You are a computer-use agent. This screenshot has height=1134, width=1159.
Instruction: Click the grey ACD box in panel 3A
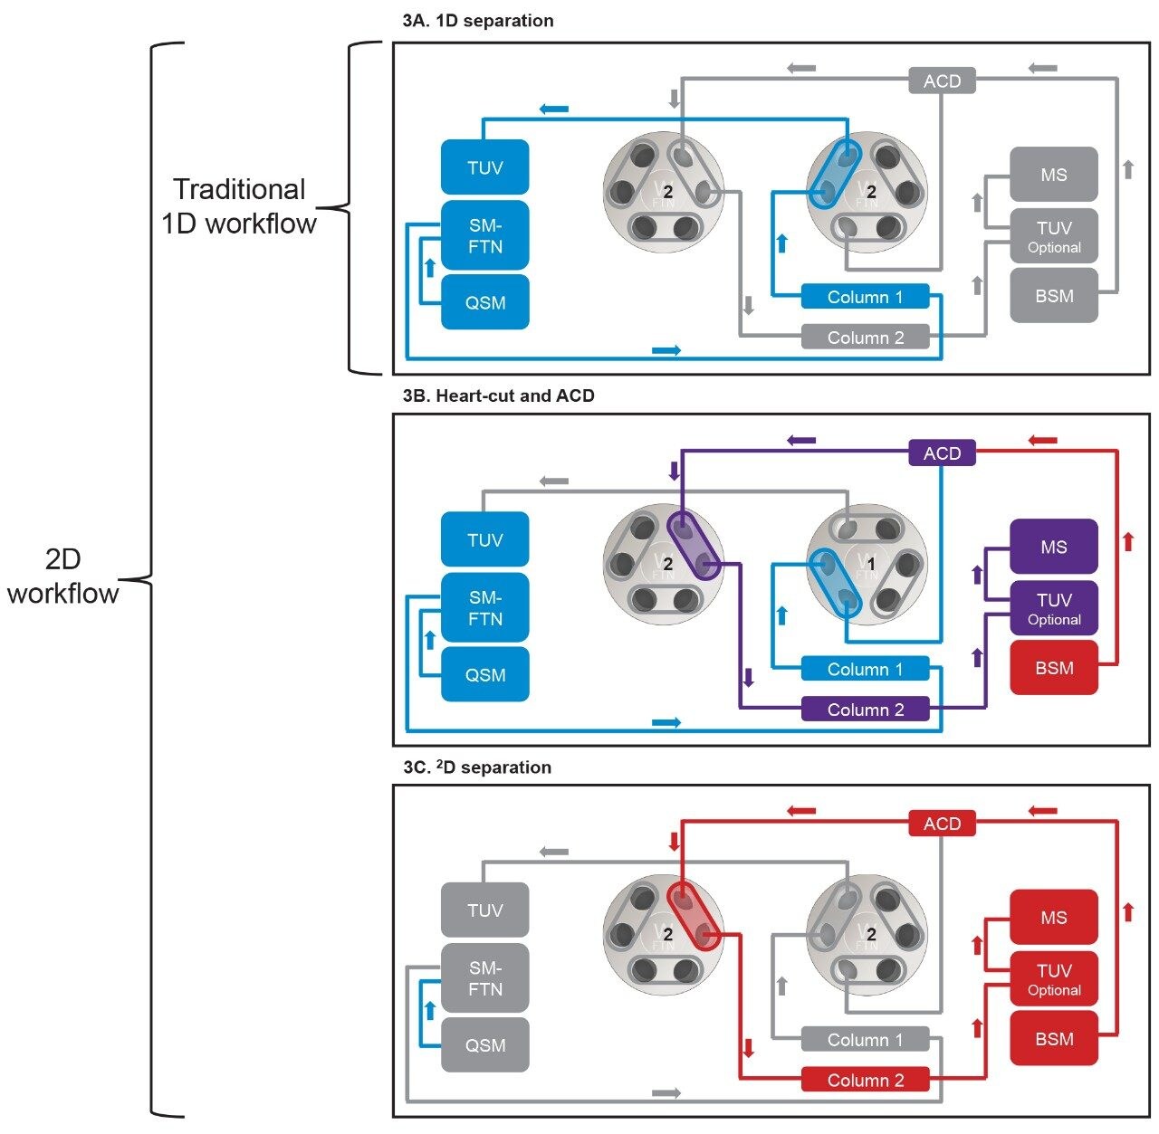[x=942, y=81]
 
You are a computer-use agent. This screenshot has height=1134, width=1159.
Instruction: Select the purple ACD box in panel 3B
[x=942, y=453]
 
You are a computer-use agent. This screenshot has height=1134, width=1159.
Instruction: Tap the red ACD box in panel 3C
[x=942, y=824]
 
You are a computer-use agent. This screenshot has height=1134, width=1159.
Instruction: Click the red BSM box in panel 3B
[x=1054, y=668]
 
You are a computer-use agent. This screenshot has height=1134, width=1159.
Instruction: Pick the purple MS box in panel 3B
[x=1054, y=547]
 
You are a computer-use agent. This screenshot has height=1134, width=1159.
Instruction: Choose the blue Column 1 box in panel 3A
[x=865, y=297]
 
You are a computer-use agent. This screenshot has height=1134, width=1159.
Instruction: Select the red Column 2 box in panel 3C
[x=865, y=1080]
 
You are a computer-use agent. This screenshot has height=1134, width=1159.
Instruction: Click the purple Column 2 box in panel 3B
[x=865, y=710]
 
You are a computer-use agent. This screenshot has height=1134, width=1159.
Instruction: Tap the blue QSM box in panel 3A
[x=484, y=302]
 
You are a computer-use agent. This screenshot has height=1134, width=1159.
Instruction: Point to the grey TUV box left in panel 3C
[x=484, y=910]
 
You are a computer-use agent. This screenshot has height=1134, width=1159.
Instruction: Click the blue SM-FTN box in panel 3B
[x=484, y=608]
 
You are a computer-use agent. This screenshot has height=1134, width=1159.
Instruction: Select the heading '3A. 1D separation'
[x=477, y=21]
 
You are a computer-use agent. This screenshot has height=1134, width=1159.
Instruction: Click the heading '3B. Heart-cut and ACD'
[x=498, y=395]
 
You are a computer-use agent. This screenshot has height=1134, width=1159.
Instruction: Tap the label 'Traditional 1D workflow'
[x=239, y=206]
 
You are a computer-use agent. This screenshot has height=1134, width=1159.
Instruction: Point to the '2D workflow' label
[x=62, y=576]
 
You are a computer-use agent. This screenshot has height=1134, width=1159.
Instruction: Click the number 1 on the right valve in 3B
[x=871, y=564]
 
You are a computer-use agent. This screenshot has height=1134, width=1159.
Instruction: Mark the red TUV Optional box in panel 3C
[x=1054, y=979]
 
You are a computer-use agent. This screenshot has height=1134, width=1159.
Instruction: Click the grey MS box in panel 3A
[x=1054, y=175]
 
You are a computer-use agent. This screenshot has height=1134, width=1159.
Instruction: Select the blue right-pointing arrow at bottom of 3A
[x=666, y=350]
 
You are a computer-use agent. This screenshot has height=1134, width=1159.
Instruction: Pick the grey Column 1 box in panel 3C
[x=865, y=1040]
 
